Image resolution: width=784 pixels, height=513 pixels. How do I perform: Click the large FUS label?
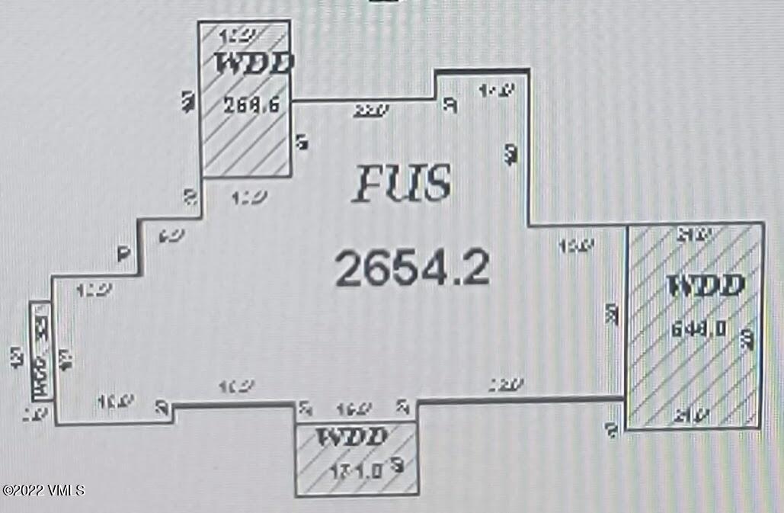point(402,185)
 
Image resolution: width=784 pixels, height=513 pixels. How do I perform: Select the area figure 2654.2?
point(411,268)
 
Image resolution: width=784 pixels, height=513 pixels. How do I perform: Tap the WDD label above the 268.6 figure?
point(254,63)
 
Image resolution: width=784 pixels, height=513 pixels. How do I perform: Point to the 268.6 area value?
point(247,106)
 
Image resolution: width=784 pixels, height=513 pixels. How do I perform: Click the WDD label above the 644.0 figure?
point(705,286)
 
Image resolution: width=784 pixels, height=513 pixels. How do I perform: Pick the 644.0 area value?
point(697,329)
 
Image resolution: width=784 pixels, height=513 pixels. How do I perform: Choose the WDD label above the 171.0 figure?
point(352,438)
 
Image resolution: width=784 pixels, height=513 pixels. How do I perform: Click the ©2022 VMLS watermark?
point(43,489)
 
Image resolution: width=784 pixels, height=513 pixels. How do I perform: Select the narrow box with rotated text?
point(40,351)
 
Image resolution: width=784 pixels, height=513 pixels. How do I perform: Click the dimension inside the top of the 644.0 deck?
point(694,232)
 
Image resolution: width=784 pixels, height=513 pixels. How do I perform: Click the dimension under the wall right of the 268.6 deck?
point(370,111)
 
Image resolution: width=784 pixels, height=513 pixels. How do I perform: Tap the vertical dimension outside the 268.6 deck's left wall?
point(187,101)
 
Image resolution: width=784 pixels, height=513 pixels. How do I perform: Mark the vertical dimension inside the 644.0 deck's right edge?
point(748,339)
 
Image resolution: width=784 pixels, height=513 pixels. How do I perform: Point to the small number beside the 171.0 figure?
point(398,465)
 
